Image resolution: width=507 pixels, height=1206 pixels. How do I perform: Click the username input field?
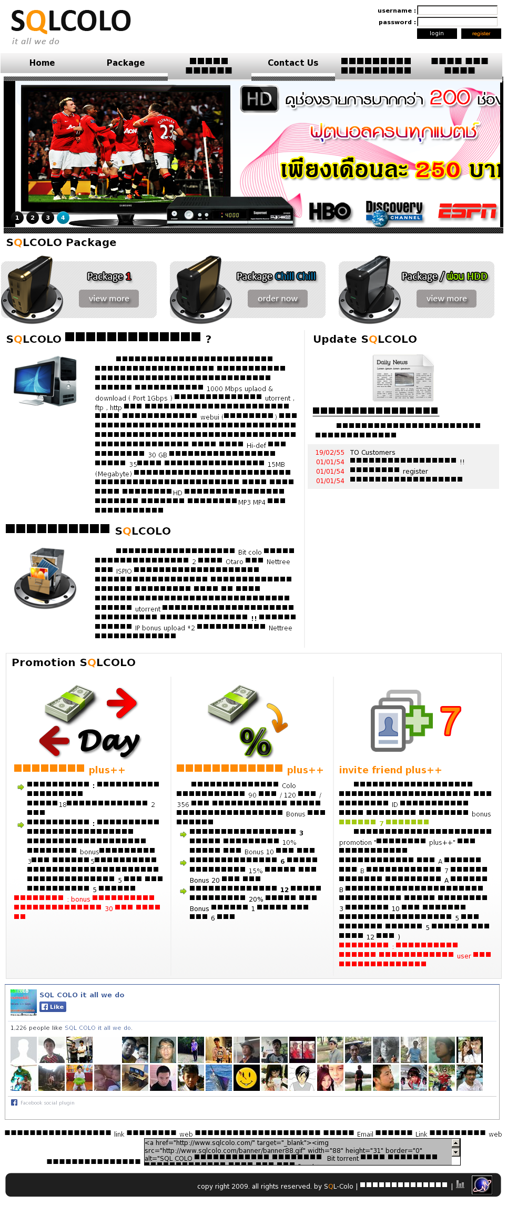click(x=457, y=10)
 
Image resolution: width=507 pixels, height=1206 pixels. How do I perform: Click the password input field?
click(x=457, y=22)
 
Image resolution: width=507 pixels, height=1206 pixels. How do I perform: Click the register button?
click(x=481, y=34)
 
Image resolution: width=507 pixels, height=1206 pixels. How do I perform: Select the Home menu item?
click(x=42, y=63)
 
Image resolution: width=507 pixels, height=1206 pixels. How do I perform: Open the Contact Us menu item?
click(x=293, y=63)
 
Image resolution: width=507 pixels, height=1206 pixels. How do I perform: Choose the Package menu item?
click(x=125, y=63)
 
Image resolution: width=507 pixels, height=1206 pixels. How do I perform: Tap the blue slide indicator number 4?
click(x=63, y=218)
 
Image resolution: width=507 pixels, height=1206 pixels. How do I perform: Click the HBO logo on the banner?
click(x=330, y=211)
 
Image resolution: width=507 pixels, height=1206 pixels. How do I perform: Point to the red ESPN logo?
click(x=467, y=211)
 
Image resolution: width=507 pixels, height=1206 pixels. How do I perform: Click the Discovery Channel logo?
click(x=394, y=213)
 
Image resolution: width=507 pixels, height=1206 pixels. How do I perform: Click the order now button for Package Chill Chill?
click(x=277, y=299)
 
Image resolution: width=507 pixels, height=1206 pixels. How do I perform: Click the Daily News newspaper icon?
click(x=403, y=378)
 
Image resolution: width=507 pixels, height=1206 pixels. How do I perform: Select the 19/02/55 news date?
click(x=330, y=453)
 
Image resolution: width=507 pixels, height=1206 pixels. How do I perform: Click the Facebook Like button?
click(x=53, y=1007)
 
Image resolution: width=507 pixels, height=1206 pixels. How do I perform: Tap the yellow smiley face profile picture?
click(x=246, y=1078)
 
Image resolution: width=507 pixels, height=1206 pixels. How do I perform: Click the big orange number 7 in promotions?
click(x=450, y=721)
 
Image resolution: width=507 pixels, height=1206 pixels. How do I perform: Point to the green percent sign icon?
click(x=256, y=741)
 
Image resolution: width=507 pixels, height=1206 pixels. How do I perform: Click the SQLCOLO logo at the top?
click(x=70, y=22)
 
